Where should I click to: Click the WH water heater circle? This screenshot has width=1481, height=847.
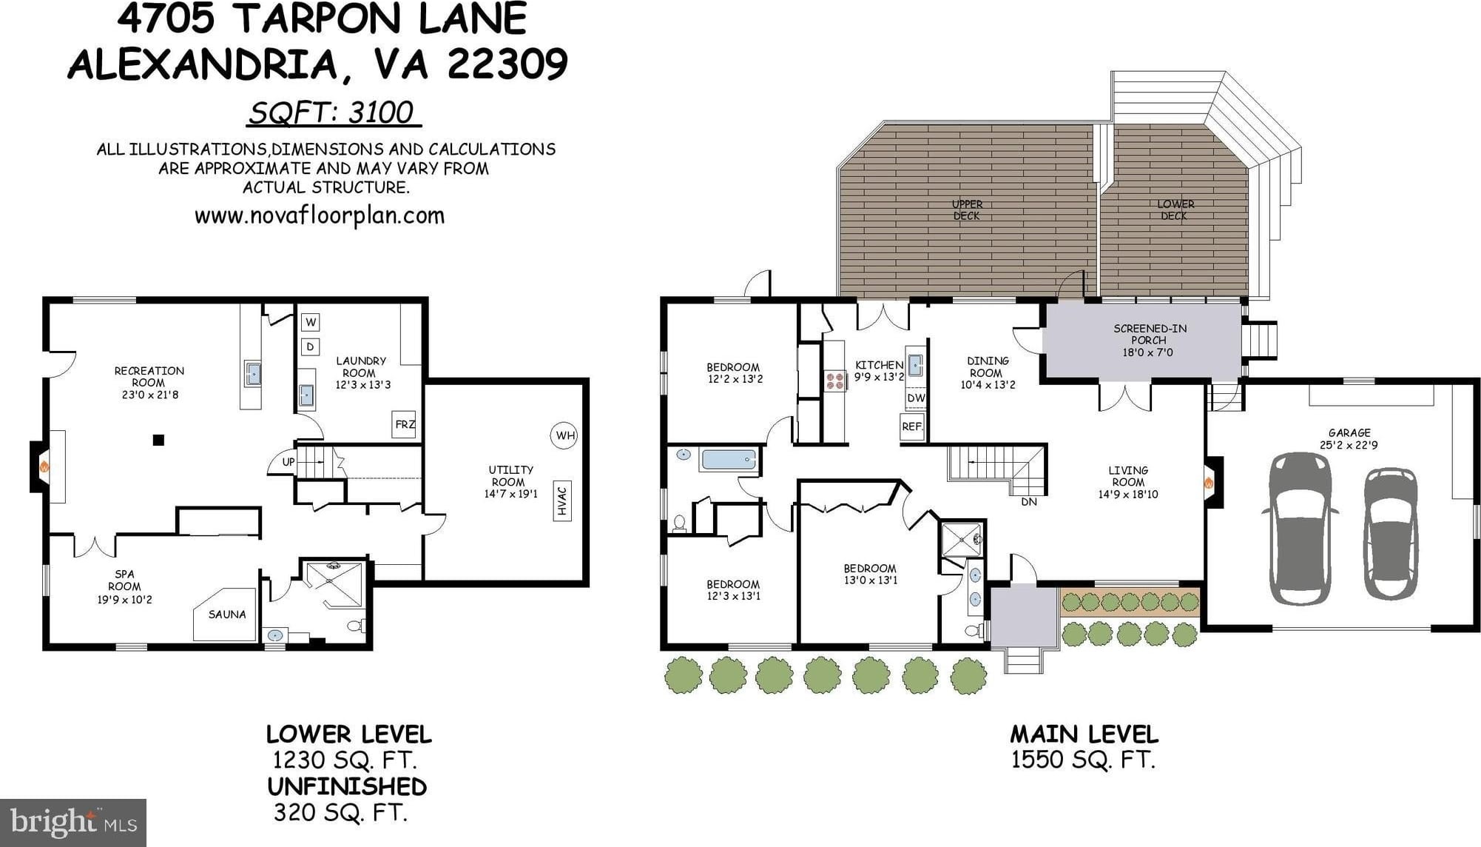pyautogui.click(x=565, y=435)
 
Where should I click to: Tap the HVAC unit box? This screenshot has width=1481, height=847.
pyautogui.click(x=562, y=500)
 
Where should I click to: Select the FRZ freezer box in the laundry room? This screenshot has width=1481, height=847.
pyautogui.click(x=404, y=424)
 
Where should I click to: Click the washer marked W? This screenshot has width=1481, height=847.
pyautogui.click(x=311, y=322)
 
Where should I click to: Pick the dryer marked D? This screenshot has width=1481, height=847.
pyautogui.click(x=311, y=346)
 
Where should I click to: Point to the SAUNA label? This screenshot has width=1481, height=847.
pyautogui.click(x=227, y=614)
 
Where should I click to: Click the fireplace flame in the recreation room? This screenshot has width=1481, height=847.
pyautogui.click(x=44, y=467)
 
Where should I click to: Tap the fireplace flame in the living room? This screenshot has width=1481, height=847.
pyautogui.click(x=1209, y=483)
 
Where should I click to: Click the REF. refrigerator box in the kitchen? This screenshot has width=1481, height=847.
pyautogui.click(x=912, y=426)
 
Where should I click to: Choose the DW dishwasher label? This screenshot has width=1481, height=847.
pyautogui.click(x=916, y=398)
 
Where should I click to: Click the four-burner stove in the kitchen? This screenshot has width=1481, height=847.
pyautogui.click(x=835, y=381)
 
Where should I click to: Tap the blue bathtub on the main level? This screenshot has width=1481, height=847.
pyautogui.click(x=728, y=460)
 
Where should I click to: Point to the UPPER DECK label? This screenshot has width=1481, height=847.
pyautogui.click(x=967, y=210)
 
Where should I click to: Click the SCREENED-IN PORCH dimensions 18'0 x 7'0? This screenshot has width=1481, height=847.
pyautogui.click(x=1147, y=352)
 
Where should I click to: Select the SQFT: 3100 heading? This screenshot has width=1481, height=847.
pyautogui.click(x=332, y=113)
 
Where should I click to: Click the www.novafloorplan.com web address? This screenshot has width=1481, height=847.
pyautogui.click(x=320, y=216)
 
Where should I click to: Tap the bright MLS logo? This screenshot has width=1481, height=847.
pyautogui.click(x=73, y=823)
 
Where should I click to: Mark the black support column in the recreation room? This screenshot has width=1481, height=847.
pyautogui.click(x=158, y=440)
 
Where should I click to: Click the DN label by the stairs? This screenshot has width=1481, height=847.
pyautogui.click(x=1029, y=501)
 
